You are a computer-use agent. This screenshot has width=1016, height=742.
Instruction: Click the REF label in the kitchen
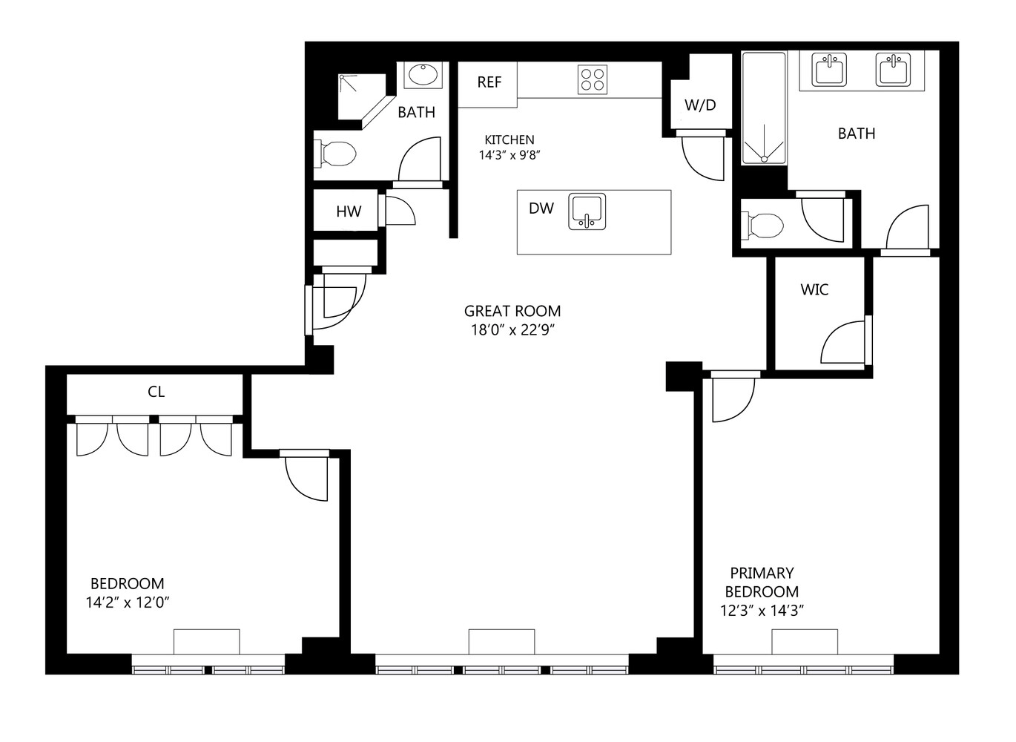click(489, 82)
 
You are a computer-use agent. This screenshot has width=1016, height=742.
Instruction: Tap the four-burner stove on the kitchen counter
click(593, 80)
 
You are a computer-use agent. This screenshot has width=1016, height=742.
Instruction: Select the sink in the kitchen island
click(587, 211)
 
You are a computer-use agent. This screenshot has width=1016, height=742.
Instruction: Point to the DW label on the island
click(541, 209)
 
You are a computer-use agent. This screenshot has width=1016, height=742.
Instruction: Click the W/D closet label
click(700, 105)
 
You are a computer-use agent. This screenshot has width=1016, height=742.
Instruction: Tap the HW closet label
click(349, 211)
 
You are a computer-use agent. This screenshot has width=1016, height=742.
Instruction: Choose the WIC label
click(814, 289)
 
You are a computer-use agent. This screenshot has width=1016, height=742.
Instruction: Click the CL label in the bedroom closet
click(156, 392)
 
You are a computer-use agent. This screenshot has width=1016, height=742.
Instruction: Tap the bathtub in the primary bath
click(764, 108)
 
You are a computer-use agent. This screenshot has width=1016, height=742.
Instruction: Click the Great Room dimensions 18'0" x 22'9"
click(512, 330)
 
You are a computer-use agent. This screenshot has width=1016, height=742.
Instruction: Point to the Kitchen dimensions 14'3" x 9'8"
click(509, 155)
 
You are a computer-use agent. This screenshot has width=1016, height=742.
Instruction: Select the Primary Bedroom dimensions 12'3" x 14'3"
click(762, 611)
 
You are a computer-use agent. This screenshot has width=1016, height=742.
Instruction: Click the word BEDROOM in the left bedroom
click(128, 583)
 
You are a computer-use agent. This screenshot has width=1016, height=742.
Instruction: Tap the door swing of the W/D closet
click(703, 158)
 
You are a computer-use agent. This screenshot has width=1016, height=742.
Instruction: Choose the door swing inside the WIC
click(842, 342)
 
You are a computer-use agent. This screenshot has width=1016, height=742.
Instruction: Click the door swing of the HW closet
click(400, 211)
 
